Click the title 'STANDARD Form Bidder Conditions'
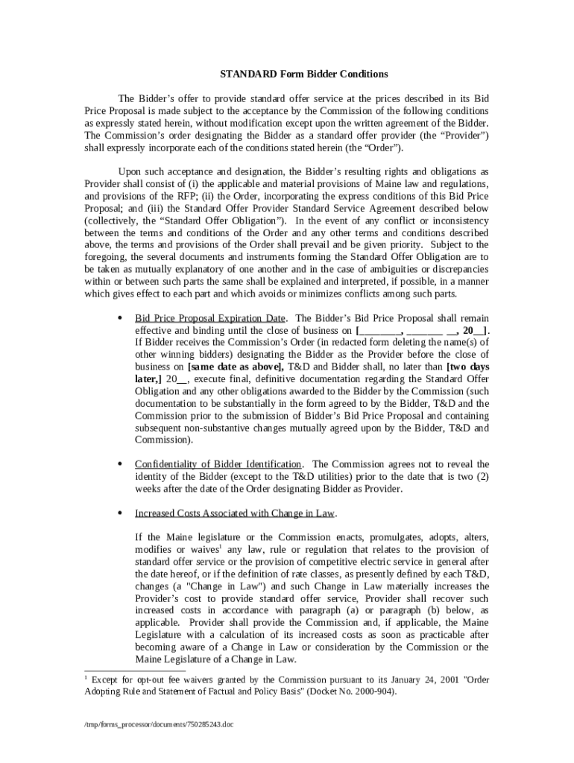pos(303,75)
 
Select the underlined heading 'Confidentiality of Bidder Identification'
pos(218,463)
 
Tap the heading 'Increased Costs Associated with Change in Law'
pos(234,513)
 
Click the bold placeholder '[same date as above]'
pos(236,367)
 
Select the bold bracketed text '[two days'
pos(467,367)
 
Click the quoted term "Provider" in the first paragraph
pos(467,135)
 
